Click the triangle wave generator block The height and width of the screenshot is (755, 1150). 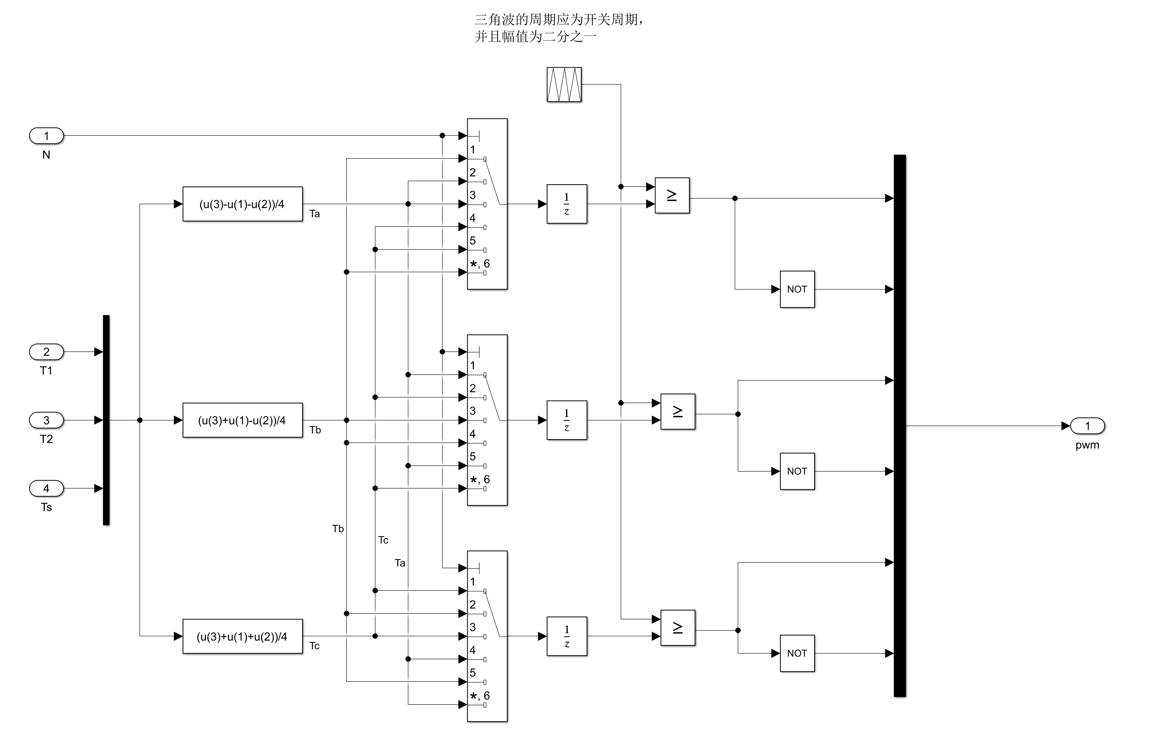click(x=564, y=85)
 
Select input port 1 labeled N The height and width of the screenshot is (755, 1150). click(x=46, y=136)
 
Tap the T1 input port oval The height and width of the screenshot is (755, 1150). click(x=46, y=351)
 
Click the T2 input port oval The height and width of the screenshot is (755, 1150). click(x=46, y=420)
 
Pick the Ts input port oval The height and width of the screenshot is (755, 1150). click(x=46, y=488)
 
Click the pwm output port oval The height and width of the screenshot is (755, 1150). click(x=1087, y=426)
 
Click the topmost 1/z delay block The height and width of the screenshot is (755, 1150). click(x=567, y=204)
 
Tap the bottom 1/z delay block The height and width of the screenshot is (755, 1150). click(x=567, y=636)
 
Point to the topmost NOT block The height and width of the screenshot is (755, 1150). click(x=797, y=290)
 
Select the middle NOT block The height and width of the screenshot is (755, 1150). click(x=797, y=471)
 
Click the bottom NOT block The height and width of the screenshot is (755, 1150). click(x=797, y=653)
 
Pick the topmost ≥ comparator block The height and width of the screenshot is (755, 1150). click(x=671, y=195)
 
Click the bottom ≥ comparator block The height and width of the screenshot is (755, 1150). click(x=678, y=628)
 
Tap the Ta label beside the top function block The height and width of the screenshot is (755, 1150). click(x=315, y=214)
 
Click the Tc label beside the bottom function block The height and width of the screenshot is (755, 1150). click(x=315, y=646)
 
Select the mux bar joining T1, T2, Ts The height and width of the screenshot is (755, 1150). click(x=106, y=420)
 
